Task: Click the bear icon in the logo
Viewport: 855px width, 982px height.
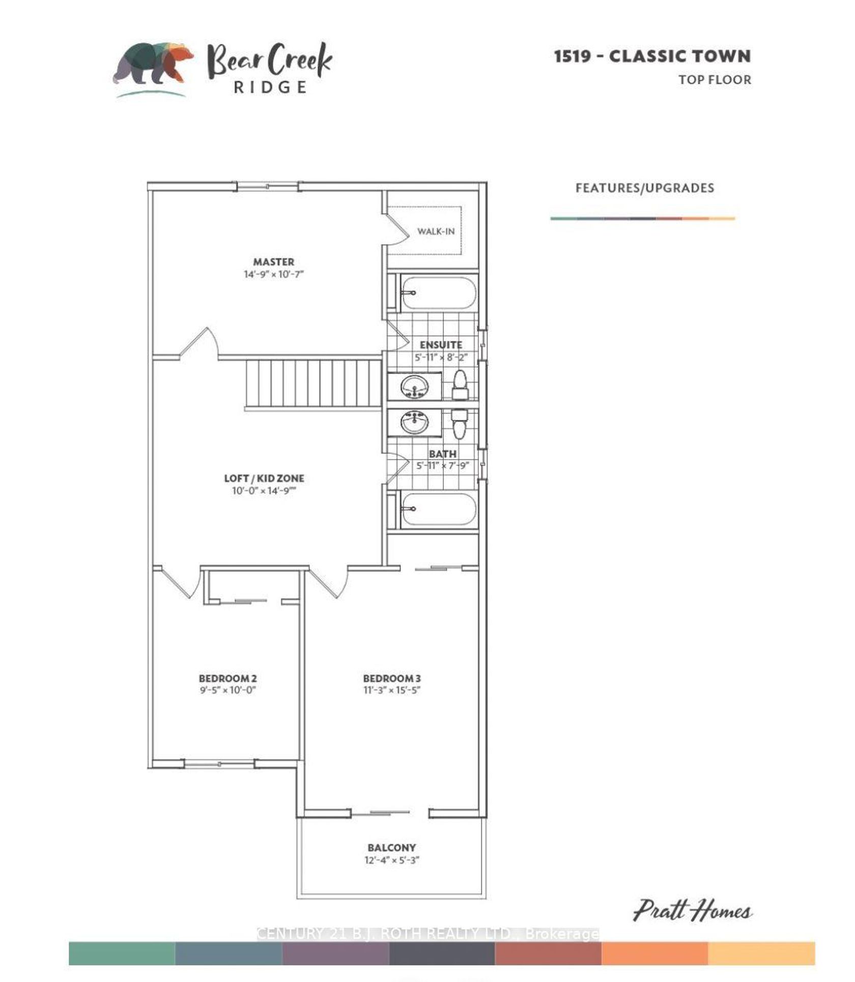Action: tap(153, 63)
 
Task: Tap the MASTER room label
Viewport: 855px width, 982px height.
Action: tap(274, 262)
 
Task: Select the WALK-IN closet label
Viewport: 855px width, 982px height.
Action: tap(436, 231)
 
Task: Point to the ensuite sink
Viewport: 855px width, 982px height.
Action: tap(415, 388)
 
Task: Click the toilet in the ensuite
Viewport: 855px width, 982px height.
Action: tap(460, 385)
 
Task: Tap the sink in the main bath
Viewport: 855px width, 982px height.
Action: tap(415, 422)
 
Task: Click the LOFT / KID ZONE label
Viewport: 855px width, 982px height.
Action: tap(264, 478)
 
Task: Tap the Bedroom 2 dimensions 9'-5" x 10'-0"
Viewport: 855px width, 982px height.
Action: tap(227, 690)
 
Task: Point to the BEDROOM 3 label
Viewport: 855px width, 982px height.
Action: tap(392, 678)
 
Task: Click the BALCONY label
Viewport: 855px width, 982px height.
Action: tap(392, 848)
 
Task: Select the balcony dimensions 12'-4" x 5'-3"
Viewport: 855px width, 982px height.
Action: tap(392, 860)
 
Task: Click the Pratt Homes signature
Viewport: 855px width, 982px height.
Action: tap(693, 911)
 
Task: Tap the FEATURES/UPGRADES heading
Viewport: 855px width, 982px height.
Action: tap(645, 188)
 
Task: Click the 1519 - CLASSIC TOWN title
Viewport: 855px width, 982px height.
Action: tap(652, 56)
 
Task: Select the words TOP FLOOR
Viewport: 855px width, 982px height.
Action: tap(715, 80)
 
